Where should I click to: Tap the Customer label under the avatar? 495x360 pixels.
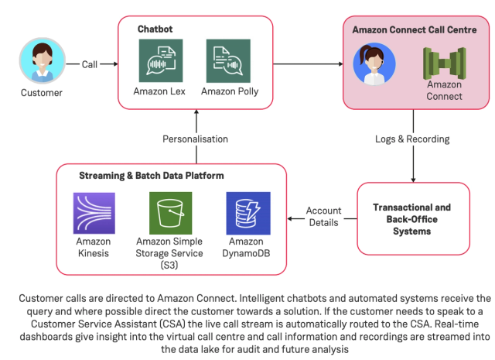pyautogui.click(x=41, y=93)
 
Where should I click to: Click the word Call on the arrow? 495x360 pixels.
pyautogui.click(x=90, y=64)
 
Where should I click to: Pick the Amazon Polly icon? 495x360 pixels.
pyautogui.click(x=229, y=60)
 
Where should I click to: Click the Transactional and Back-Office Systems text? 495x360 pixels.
pyautogui.click(x=412, y=219)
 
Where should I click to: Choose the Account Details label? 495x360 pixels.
pyautogui.click(x=323, y=216)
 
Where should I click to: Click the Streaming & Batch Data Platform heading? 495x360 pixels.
pyautogui.click(x=151, y=176)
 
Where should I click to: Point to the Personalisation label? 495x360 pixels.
pyautogui.click(x=195, y=139)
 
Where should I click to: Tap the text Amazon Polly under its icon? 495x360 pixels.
pyautogui.click(x=230, y=91)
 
